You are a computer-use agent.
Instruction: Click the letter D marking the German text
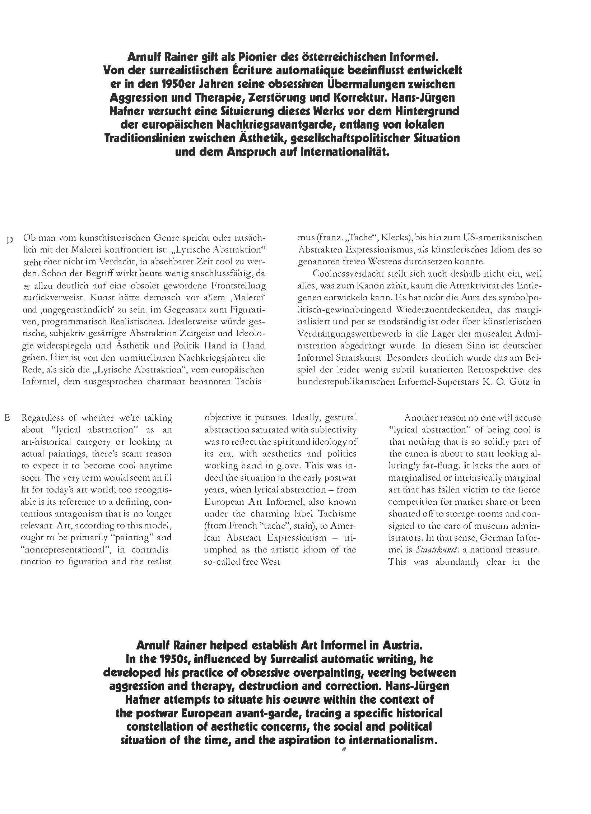tap(10, 240)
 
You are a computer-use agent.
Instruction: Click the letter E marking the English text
tap(7, 418)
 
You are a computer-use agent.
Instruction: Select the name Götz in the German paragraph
tap(517, 381)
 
